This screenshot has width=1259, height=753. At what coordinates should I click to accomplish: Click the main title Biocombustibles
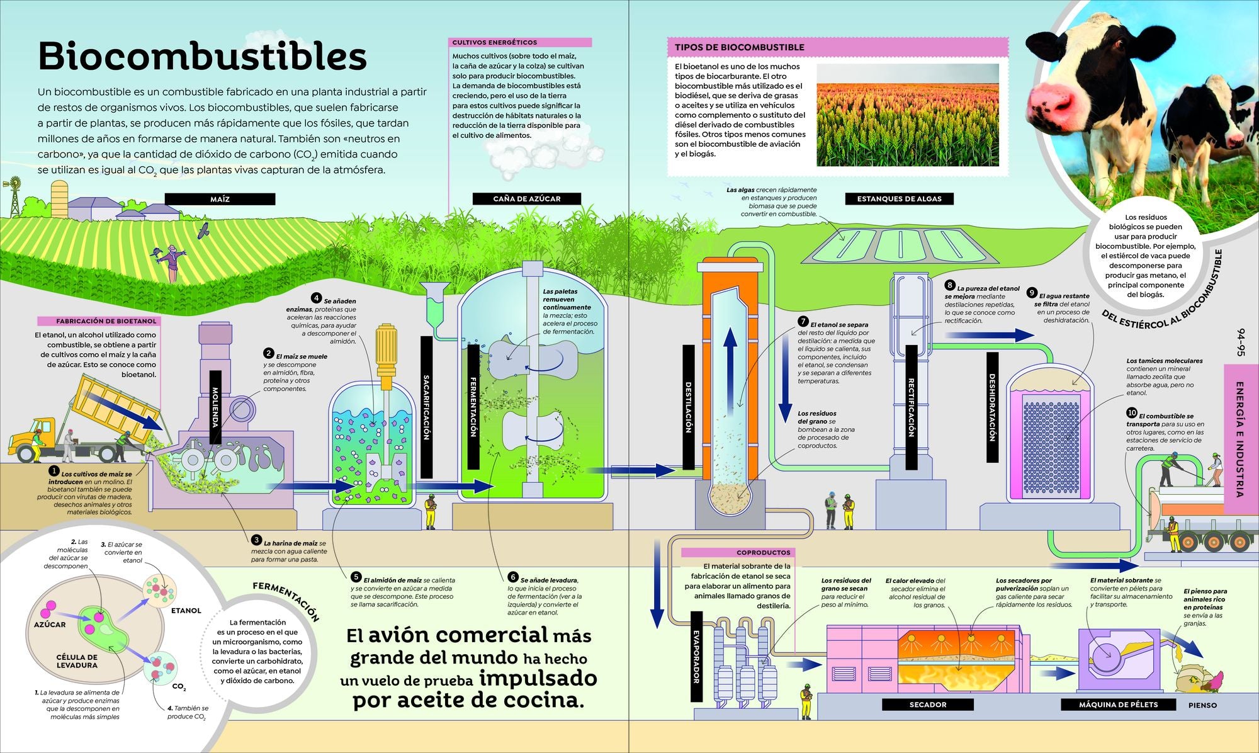(202, 57)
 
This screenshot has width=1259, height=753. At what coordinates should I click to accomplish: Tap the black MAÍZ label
(220, 199)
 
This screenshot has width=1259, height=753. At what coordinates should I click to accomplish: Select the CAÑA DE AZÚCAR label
(527, 199)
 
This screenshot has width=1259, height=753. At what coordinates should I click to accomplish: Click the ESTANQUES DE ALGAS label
(899, 199)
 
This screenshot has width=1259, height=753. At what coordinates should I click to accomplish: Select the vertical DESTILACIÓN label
(688, 407)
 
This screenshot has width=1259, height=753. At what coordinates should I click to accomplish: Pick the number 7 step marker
(803, 322)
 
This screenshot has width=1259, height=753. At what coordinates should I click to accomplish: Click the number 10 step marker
(1132, 413)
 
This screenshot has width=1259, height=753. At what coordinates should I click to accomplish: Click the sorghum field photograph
(907, 115)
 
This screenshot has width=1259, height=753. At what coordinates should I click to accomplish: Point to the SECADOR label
(927, 705)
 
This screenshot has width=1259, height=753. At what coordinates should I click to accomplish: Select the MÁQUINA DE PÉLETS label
(1118, 705)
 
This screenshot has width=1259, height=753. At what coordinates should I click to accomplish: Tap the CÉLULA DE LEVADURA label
(77, 661)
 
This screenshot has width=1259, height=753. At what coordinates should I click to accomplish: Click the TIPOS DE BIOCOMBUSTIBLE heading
(739, 47)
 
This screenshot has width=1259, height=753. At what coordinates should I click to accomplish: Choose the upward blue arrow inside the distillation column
(730, 353)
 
